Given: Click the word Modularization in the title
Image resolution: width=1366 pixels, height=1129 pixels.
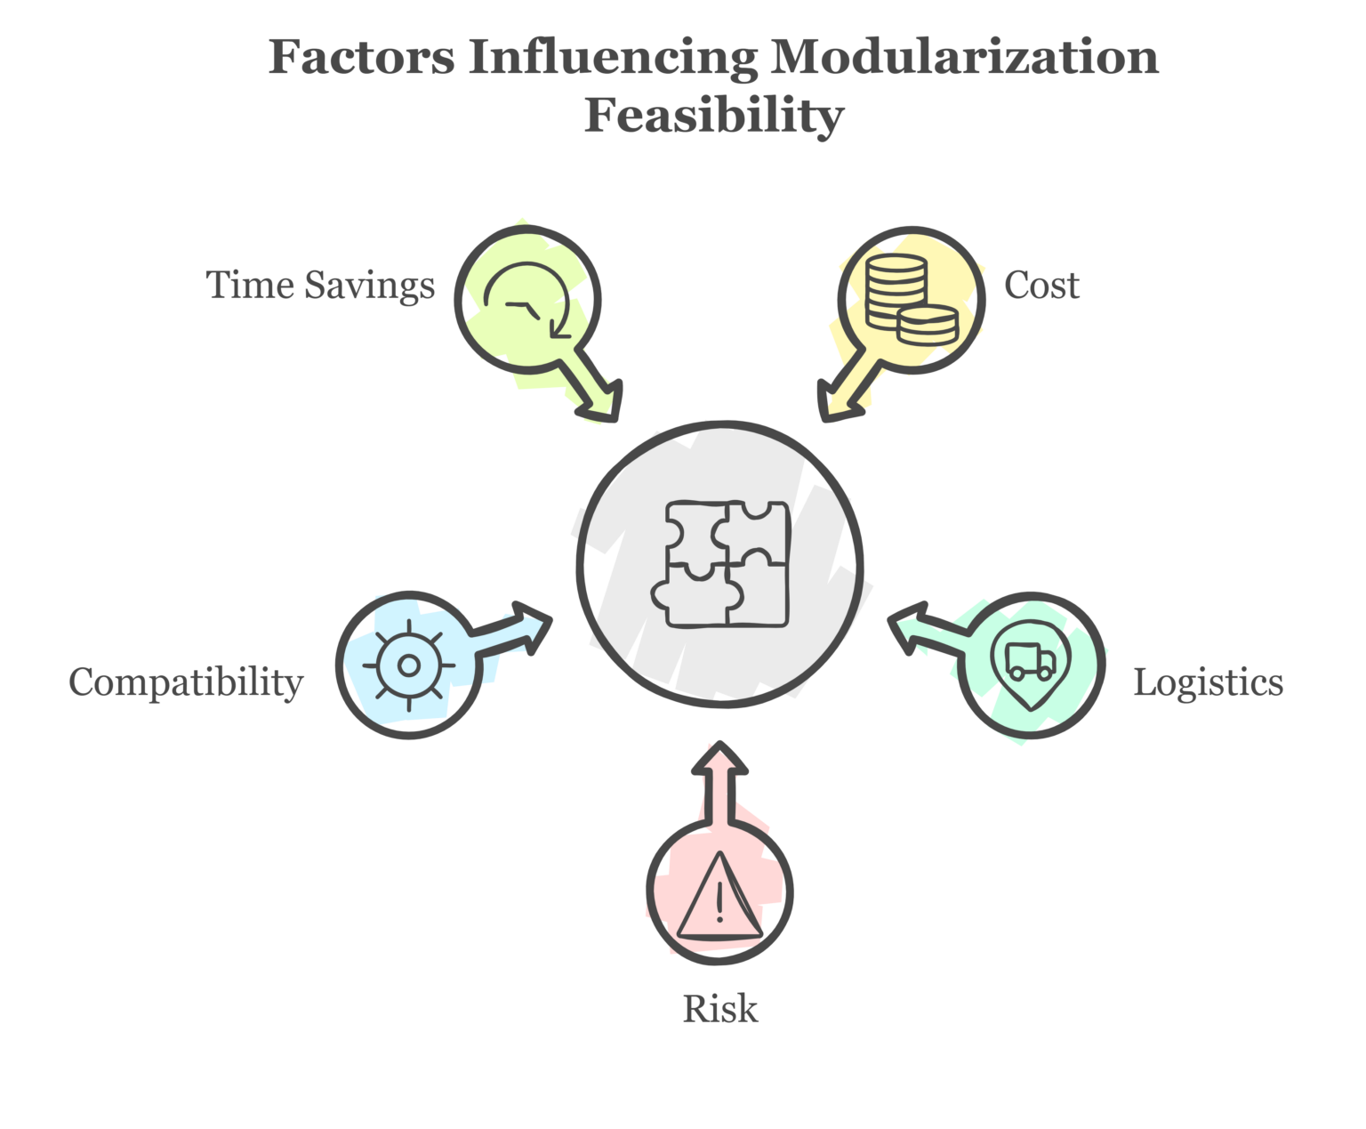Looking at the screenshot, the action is [x=964, y=58].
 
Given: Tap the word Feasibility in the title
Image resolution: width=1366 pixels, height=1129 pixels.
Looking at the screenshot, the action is [x=714, y=117].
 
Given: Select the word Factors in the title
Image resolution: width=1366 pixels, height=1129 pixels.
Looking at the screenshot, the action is [x=361, y=58].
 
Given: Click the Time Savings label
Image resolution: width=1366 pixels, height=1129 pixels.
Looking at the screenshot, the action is [x=320, y=286].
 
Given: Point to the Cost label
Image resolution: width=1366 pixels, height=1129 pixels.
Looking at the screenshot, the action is [x=1041, y=286].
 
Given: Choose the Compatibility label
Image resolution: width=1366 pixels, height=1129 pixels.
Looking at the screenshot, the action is [x=187, y=682].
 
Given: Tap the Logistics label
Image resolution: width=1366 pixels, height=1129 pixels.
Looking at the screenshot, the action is [x=1209, y=682].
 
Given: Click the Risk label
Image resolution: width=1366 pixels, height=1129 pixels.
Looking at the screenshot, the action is [x=720, y=1009].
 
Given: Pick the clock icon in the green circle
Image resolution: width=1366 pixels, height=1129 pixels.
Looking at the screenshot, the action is [x=527, y=301].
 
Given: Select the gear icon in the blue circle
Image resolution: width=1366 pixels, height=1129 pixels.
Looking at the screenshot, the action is [x=409, y=665].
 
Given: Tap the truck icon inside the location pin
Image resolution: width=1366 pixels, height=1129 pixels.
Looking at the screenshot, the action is [x=1031, y=661].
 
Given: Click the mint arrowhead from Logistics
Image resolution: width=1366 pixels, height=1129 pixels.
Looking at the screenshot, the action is [x=907, y=626].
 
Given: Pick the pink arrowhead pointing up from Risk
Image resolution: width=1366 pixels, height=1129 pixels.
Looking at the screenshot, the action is [x=719, y=758].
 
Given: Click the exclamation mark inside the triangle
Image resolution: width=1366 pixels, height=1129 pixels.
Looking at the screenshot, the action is [x=719, y=902].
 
